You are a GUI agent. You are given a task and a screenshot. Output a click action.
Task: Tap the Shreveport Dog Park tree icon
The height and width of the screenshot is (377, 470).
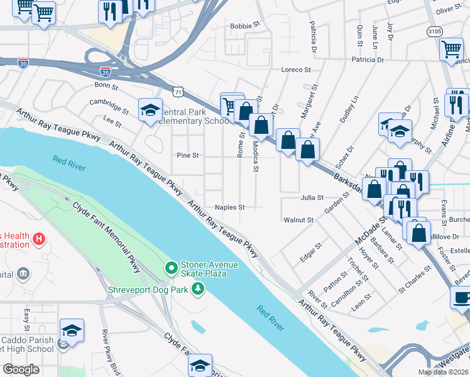pyautogui.click(x=199, y=289)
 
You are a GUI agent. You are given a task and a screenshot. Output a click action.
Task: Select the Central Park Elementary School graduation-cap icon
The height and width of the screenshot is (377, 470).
pyautogui.click(x=150, y=110)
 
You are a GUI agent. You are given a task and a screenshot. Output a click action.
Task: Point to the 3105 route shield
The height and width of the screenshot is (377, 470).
pyautogui.click(x=434, y=30)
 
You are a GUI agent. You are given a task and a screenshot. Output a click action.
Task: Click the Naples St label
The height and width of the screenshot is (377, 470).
pyautogui.click(x=229, y=207)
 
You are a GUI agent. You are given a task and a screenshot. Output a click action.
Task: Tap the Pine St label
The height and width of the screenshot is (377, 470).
pyautogui.click(x=188, y=155)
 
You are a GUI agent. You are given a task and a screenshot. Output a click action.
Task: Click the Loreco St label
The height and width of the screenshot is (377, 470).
pyautogui.click(x=297, y=69)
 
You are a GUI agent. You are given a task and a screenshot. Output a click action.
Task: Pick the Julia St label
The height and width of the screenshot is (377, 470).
pyautogui.click(x=312, y=198)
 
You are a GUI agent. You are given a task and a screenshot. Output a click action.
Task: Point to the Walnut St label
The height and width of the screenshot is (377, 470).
pyautogui.click(x=298, y=220)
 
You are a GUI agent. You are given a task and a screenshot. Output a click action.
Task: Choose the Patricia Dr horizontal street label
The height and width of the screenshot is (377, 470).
pyautogui.click(x=368, y=60)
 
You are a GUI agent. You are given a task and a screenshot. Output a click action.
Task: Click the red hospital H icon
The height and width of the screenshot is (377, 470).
pyautogui.click(x=38, y=239)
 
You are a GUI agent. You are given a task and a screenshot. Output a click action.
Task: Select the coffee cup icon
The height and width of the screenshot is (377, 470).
pyautogui.click(x=461, y=297)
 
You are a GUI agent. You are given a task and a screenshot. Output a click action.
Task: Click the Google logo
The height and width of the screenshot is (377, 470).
pyautogui.click(x=21, y=369)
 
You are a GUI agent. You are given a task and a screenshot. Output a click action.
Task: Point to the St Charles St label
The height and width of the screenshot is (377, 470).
pyautogui.click(x=415, y=279)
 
